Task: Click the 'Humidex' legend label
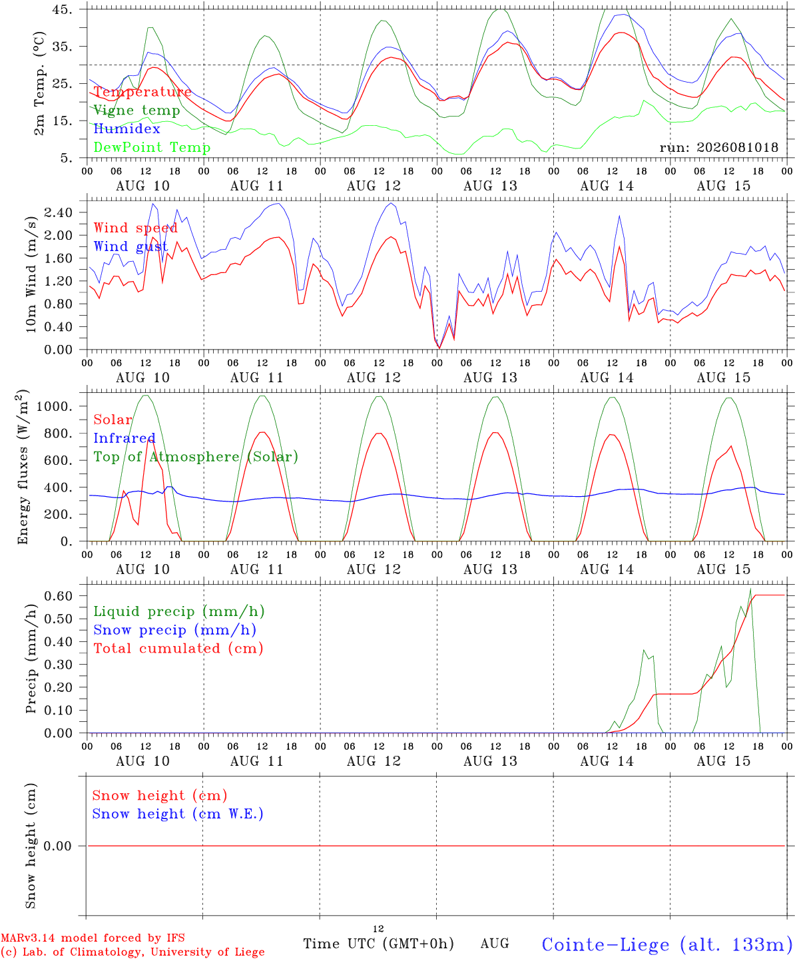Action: tap(127, 129)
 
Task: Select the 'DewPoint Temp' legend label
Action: tap(152, 147)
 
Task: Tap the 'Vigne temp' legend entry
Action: tap(136, 111)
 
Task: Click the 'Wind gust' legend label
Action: tap(131, 246)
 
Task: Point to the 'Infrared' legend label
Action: tap(125, 438)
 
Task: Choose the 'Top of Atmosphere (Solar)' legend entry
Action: tap(196, 457)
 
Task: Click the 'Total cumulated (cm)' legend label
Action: tap(178, 648)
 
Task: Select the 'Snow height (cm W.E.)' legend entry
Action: tap(178, 813)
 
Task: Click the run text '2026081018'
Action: tap(737, 147)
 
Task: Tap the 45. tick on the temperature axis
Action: tap(62, 9)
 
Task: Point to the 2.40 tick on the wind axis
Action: tap(59, 212)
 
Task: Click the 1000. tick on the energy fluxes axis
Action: tap(55, 406)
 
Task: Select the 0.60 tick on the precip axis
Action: tap(59, 595)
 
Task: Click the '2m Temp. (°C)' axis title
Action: tap(39, 83)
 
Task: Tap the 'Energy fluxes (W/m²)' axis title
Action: tap(23, 467)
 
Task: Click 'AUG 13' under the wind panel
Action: tap(490, 378)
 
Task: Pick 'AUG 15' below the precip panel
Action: tap(723, 761)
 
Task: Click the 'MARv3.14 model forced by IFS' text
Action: tap(93, 938)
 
